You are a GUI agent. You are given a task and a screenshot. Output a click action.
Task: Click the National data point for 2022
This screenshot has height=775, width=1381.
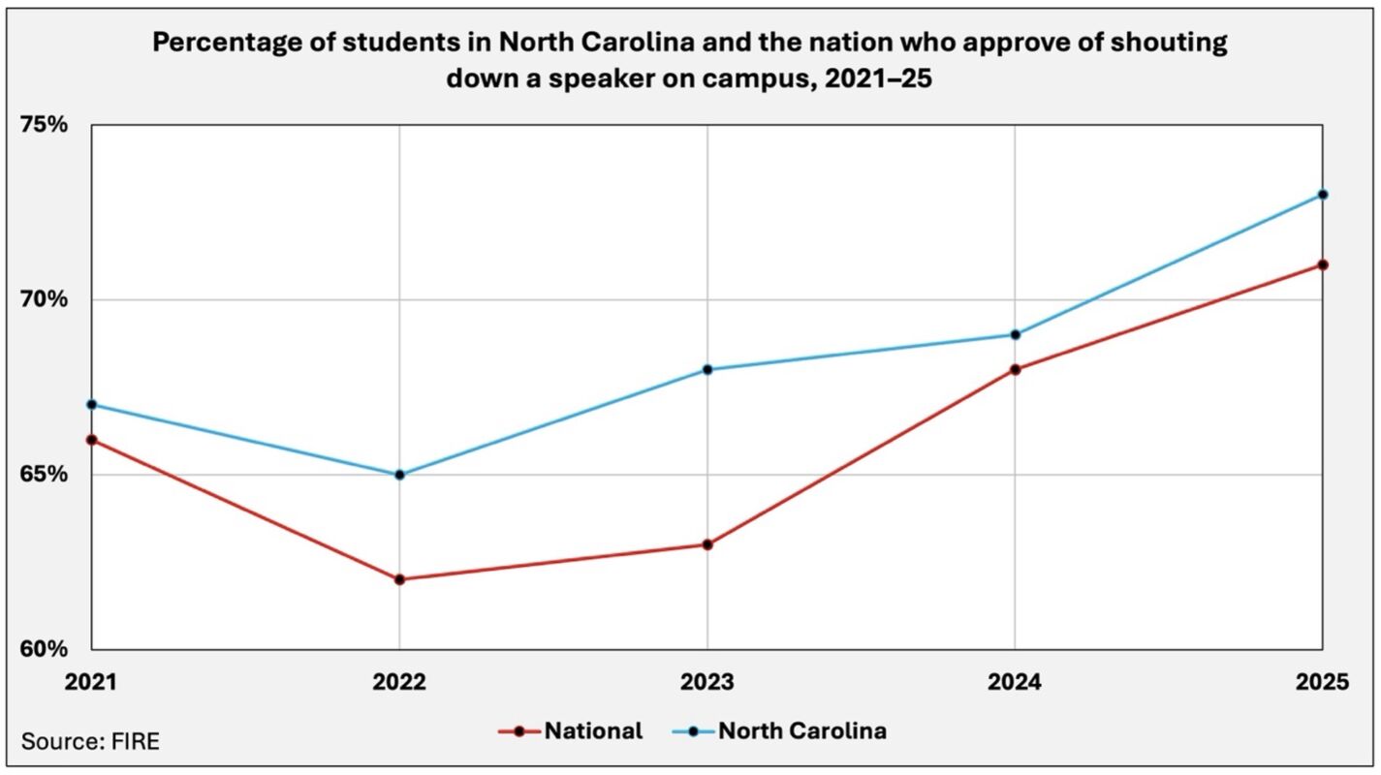pyautogui.click(x=399, y=579)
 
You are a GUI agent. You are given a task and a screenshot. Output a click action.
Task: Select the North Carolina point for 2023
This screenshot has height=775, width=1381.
pyautogui.click(x=707, y=369)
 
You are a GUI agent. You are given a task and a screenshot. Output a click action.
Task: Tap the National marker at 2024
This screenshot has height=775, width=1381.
pyautogui.click(x=1015, y=369)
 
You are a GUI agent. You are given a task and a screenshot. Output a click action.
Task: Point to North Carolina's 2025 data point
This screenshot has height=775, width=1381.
pyautogui.click(x=1322, y=194)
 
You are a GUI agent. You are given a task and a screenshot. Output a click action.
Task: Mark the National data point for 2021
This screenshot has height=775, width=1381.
pyautogui.click(x=92, y=440)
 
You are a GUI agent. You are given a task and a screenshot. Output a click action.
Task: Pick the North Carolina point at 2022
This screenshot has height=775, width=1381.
pyautogui.click(x=399, y=475)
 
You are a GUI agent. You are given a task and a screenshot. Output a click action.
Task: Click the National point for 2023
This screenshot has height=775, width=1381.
pyautogui.click(x=707, y=544)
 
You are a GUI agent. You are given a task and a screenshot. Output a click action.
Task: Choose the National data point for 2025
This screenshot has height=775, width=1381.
pyautogui.click(x=1322, y=264)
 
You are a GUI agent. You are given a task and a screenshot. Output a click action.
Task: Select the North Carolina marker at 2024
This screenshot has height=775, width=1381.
pyautogui.click(x=1015, y=334)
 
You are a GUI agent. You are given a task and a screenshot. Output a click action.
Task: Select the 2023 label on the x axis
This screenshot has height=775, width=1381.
pyautogui.click(x=707, y=683)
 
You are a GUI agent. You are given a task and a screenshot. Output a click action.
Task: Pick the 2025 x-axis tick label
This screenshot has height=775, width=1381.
pyautogui.click(x=1322, y=683)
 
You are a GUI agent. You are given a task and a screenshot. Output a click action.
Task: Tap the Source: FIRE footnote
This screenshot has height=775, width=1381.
pyautogui.click(x=90, y=743)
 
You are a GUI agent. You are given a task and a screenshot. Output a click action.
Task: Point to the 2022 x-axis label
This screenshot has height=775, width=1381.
pyautogui.click(x=399, y=683)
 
